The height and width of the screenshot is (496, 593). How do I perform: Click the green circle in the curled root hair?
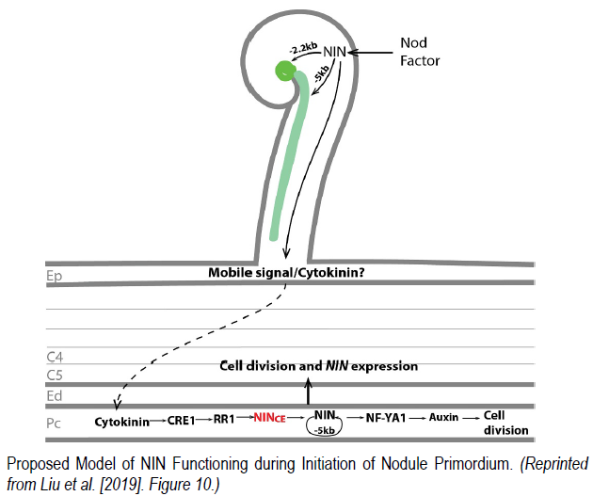click(283, 70)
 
